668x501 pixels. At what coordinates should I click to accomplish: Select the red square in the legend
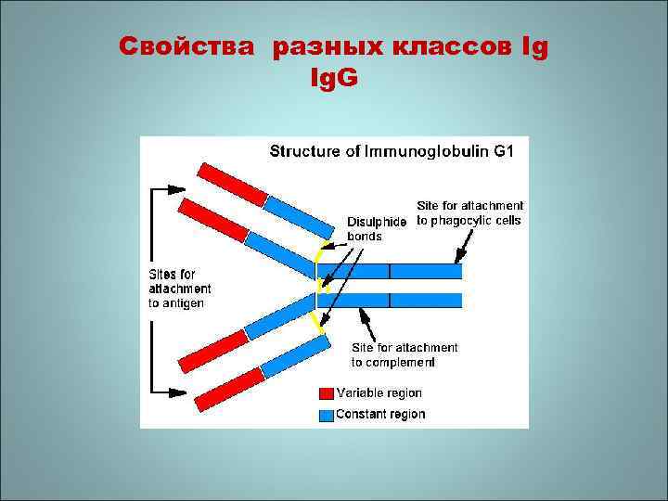[326, 393]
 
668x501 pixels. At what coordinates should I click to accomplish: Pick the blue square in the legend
[326, 414]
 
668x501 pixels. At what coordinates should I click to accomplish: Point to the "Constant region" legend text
[380, 414]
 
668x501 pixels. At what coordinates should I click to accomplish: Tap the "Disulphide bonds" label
[376, 229]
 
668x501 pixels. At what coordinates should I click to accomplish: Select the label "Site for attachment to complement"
[404, 354]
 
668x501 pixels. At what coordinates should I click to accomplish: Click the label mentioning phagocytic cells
[469, 212]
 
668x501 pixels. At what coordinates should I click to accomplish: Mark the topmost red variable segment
[232, 183]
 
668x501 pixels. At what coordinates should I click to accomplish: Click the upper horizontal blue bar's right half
[425, 271]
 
